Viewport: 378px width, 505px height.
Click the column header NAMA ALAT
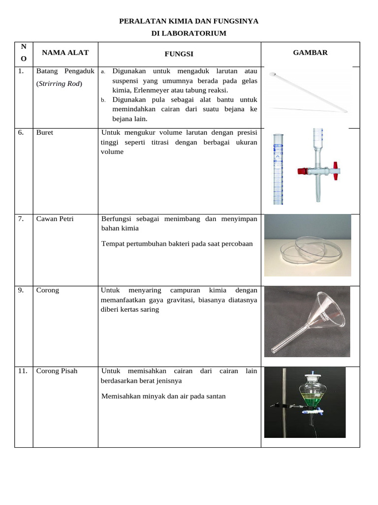[65, 53]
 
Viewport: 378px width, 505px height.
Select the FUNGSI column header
[179, 54]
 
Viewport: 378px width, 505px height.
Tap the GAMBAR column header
[310, 52]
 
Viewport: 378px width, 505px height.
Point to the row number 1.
[21, 71]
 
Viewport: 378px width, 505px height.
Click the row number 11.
[22, 371]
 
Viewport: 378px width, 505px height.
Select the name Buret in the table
[45, 133]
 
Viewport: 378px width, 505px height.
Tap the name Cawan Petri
[55, 218]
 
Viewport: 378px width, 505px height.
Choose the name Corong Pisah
[57, 371]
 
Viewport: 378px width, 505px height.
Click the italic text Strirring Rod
[59, 83]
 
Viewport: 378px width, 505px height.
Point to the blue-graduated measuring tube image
[279, 168]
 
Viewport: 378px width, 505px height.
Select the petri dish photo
[307, 245]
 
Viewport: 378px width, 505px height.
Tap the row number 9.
[21, 290]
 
